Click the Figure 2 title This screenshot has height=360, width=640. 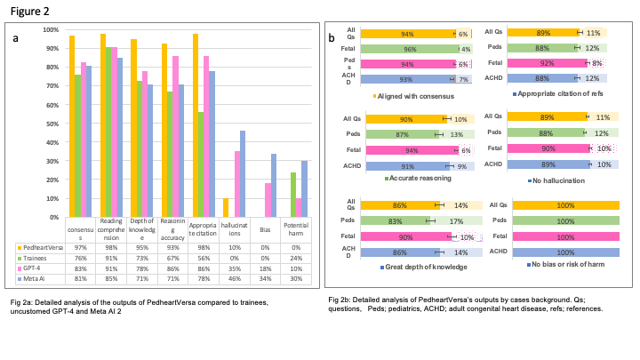28,12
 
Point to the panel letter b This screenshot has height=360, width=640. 332,38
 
